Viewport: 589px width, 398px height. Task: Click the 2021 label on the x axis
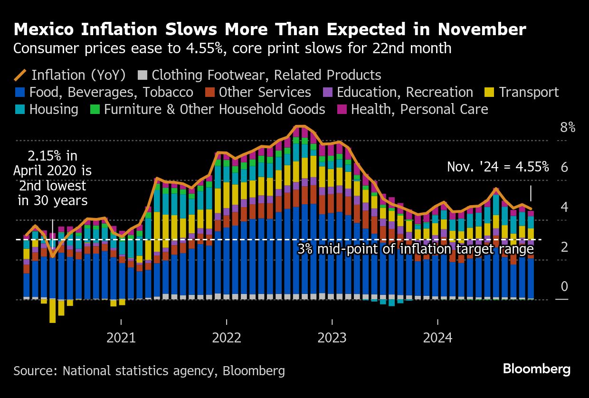coord(121,338)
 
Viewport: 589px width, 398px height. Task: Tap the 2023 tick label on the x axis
coord(332,338)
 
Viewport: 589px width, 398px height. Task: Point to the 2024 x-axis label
coord(437,338)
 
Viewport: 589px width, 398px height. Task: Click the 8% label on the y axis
coord(568,128)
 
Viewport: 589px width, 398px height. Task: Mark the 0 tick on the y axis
coord(564,286)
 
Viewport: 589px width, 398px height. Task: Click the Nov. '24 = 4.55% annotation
coord(498,167)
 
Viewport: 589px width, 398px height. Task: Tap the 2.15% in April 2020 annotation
coord(52,178)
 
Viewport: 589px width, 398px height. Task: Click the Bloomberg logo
coord(537,369)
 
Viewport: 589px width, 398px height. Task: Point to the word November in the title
coord(482,29)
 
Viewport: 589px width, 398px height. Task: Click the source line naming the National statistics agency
coord(149,371)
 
